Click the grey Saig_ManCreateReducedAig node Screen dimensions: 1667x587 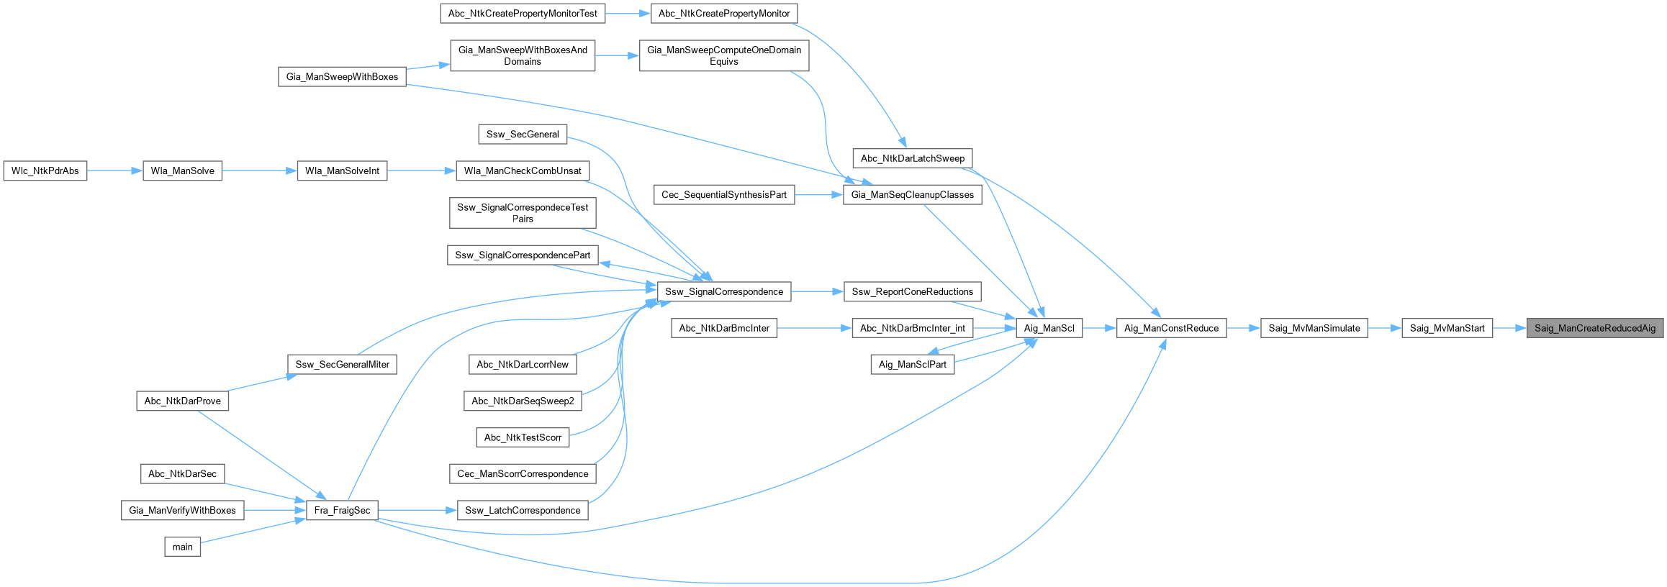pos(1595,328)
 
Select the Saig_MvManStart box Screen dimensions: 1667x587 pos(1447,328)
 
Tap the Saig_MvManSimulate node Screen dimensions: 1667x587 pos(1314,328)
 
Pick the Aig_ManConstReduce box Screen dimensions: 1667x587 pos(1172,328)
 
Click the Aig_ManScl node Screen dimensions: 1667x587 pos(1049,328)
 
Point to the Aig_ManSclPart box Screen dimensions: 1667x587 pos(913,365)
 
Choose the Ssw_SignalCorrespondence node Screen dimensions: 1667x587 pos(724,291)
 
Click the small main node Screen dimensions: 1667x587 pos(183,547)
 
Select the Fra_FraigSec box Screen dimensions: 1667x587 pos(343,510)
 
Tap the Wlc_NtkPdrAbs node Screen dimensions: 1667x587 pos(45,170)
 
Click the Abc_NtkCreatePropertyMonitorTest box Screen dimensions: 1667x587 pos(523,13)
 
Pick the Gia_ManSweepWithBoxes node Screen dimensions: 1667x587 pos(343,77)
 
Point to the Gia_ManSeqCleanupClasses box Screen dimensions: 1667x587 pos(913,194)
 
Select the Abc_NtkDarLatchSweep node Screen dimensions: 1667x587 pos(913,158)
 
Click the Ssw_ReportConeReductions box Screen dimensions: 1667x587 pos(913,291)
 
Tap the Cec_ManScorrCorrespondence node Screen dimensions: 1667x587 pos(523,473)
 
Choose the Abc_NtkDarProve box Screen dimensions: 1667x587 pos(183,401)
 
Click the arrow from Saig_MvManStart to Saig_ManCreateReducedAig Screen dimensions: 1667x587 pos(1509,328)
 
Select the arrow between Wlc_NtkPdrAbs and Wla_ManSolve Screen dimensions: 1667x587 pos(115,170)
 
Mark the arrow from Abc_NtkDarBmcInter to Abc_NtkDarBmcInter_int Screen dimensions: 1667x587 pos(815,328)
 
